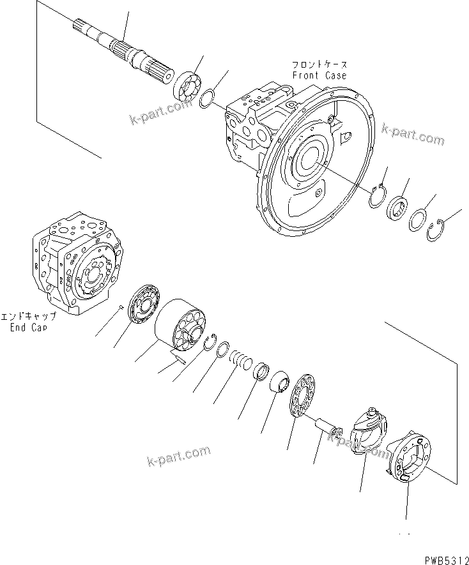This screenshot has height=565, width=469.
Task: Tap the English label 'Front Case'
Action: (319, 75)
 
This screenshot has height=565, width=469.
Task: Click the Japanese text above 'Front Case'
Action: (319, 65)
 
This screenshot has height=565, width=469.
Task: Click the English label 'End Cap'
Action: (28, 328)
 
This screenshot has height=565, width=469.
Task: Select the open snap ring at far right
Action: (435, 230)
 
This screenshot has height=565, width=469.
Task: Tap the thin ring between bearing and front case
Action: (207, 100)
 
